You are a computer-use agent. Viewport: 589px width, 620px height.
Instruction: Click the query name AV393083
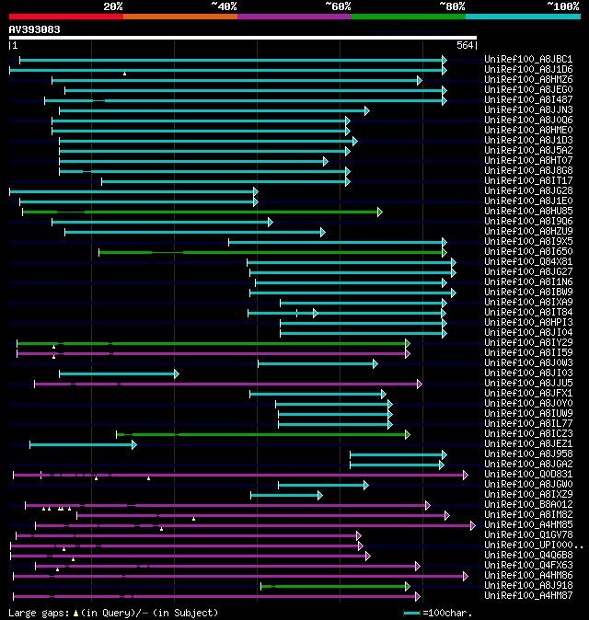tap(35, 29)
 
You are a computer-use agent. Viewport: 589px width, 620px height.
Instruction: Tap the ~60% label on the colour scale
tap(337, 6)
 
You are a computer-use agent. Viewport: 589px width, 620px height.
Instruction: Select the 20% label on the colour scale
tap(112, 6)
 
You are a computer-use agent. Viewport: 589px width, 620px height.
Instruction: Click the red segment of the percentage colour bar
tap(65, 16)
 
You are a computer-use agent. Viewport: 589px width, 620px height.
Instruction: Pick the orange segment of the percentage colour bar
tap(179, 16)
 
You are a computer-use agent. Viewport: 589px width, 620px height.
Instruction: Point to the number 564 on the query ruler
tap(465, 45)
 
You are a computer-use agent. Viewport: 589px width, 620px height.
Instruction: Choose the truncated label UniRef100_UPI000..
tap(532, 545)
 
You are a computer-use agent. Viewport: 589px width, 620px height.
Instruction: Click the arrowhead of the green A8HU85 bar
tap(379, 212)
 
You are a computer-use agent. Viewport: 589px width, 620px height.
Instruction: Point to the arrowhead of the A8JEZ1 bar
tap(134, 444)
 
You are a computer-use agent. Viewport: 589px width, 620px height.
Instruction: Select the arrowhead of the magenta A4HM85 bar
tap(472, 525)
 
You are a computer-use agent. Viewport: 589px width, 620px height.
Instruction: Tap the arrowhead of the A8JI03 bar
tap(176, 373)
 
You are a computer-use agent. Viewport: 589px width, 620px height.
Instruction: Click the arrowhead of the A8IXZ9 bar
tap(320, 495)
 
